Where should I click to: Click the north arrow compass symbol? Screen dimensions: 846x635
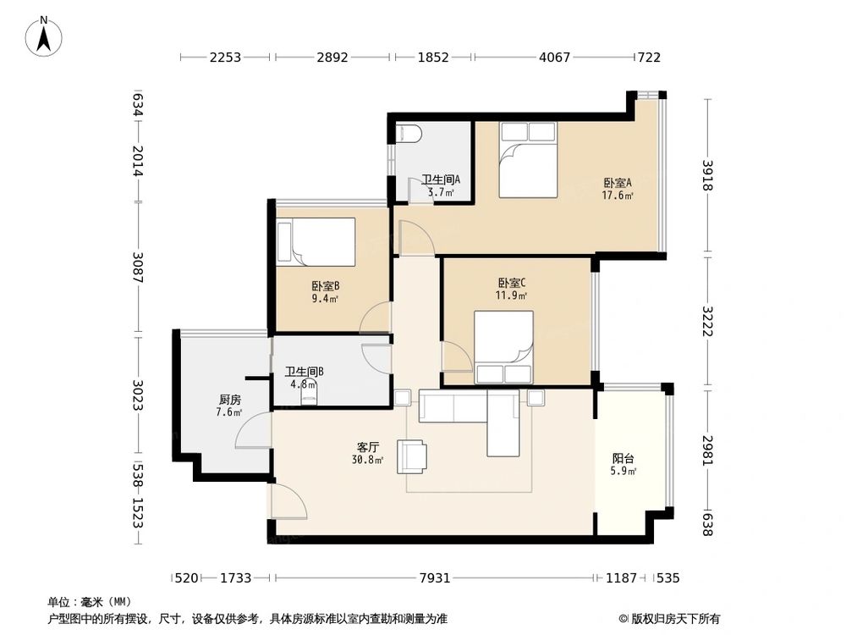[44, 36]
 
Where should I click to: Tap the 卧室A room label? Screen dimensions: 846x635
[618, 183]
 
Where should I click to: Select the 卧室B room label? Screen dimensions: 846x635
[325, 286]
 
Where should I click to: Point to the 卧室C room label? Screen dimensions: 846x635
[511, 283]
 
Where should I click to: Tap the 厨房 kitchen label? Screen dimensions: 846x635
[230, 400]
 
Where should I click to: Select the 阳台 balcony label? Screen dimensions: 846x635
[624, 459]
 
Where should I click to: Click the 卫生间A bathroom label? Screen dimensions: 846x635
[440, 179]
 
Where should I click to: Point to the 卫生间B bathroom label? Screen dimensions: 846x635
[305, 372]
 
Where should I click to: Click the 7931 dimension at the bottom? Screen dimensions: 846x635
[435, 578]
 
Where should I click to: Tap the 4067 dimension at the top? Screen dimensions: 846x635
[554, 58]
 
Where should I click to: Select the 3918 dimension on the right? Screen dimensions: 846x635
[707, 175]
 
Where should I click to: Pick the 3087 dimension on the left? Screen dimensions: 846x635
[139, 268]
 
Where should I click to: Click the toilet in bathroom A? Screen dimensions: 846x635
[408, 134]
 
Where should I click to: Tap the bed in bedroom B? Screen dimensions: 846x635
[316, 242]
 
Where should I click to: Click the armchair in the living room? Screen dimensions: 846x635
[412, 457]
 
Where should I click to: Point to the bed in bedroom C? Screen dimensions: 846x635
[503, 347]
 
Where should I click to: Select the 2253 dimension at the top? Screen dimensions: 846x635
[225, 58]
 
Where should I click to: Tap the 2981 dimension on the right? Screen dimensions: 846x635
[707, 451]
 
